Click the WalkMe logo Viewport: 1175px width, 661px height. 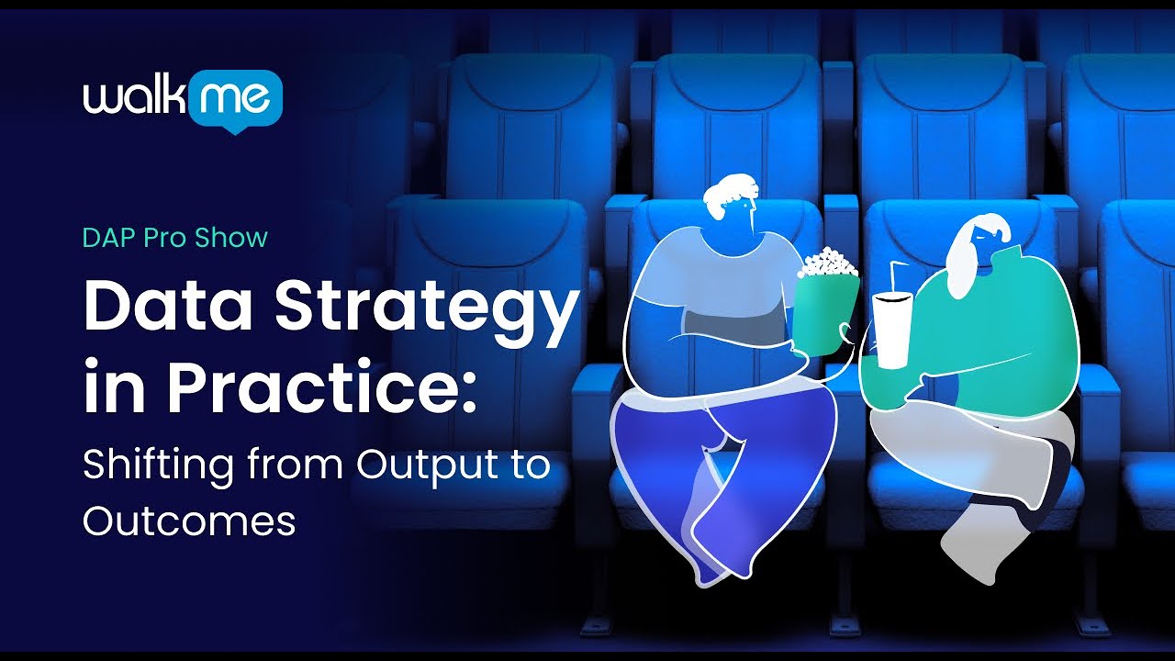(x=182, y=99)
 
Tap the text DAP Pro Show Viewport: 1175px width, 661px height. (x=174, y=238)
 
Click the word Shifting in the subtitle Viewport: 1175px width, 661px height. (x=156, y=465)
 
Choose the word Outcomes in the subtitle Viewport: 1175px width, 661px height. (x=189, y=521)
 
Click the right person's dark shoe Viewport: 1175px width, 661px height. (x=1056, y=468)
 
